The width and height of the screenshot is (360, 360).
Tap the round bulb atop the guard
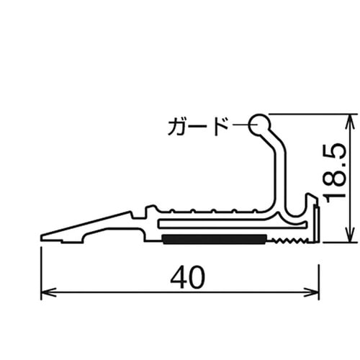(259, 124)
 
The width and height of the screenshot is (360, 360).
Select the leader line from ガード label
(239, 127)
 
